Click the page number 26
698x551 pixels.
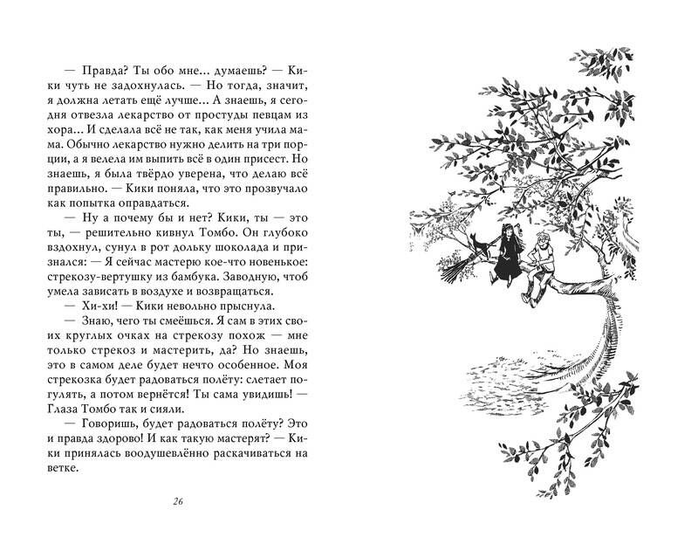(x=177, y=501)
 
